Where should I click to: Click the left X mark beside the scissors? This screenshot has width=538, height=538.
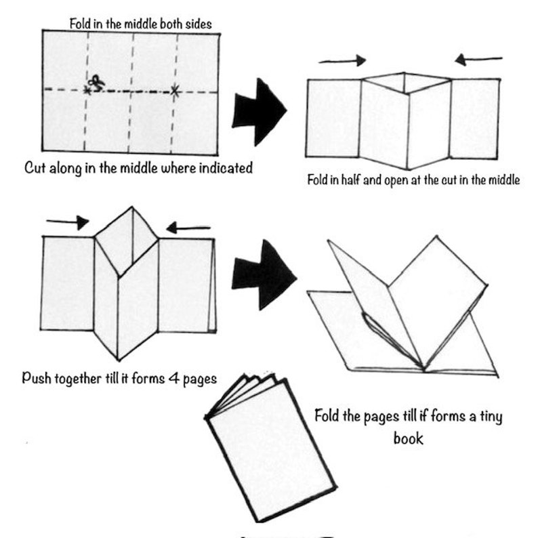pos(87,89)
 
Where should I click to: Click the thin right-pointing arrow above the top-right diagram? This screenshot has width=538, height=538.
pos(342,61)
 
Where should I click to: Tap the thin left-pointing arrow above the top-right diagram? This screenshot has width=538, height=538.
pos(478,60)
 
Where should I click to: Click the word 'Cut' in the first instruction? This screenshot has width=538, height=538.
pos(36,167)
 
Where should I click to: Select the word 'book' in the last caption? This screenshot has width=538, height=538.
pos(408,438)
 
